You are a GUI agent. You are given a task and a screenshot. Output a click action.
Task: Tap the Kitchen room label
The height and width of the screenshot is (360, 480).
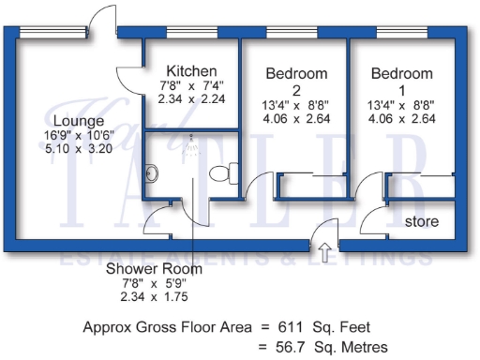pyautogui.click(x=191, y=71)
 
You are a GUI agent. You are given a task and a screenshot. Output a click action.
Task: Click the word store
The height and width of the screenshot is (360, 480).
pyautogui.click(x=421, y=221)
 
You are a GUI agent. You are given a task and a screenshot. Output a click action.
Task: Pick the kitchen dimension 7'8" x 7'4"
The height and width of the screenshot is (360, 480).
pyautogui.click(x=191, y=86)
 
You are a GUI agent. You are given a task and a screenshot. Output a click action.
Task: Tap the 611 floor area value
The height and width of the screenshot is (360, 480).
pyautogui.click(x=279, y=328)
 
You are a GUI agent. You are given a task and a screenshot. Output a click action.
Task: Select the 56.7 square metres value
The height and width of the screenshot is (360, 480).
pyautogui.click(x=282, y=348)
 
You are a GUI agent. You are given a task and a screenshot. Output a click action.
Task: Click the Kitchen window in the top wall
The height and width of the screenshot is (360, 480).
pyautogui.click(x=190, y=34)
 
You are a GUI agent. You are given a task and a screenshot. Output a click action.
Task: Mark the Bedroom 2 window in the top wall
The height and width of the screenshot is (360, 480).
pyautogui.click(x=292, y=34)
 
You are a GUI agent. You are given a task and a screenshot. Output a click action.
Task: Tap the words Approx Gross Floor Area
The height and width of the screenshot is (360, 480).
pyautogui.click(x=166, y=328)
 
